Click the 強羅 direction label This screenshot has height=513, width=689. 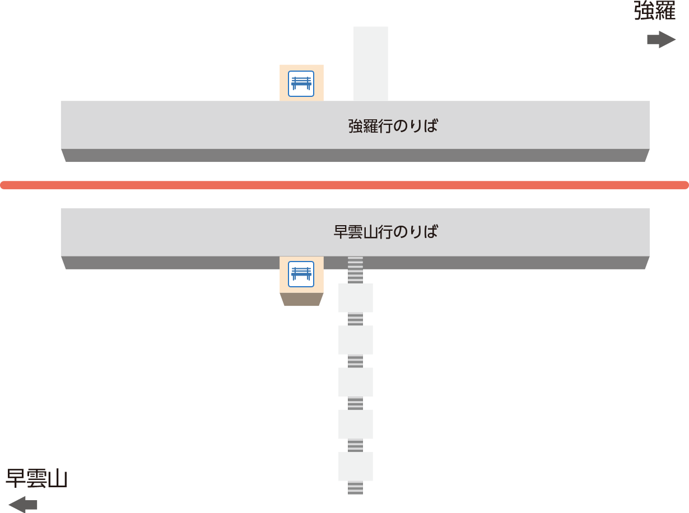click(655, 11)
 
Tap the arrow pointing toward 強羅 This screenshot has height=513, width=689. click(662, 39)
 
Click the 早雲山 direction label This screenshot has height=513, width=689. click(36, 478)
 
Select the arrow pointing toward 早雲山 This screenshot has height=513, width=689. click(22, 504)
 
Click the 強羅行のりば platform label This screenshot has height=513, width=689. click(393, 126)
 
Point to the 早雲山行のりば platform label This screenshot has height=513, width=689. click(385, 232)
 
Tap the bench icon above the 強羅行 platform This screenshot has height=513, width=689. click(301, 83)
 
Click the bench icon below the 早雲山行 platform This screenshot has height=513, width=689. click(301, 274)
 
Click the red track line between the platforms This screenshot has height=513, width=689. click(344, 185)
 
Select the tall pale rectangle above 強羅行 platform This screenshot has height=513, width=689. click(371, 64)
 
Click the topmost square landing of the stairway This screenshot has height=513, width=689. click(355, 298)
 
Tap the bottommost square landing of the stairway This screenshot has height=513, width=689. click(355, 467)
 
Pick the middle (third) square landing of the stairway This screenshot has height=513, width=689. click(355, 382)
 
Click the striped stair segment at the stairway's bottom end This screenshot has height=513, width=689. click(355, 488)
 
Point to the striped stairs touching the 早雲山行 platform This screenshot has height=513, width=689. click(355, 270)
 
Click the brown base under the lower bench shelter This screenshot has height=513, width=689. click(301, 299)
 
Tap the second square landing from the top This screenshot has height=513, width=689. click(355, 340)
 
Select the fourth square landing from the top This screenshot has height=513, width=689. click(355, 424)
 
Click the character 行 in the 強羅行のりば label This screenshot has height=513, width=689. click(385, 126)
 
